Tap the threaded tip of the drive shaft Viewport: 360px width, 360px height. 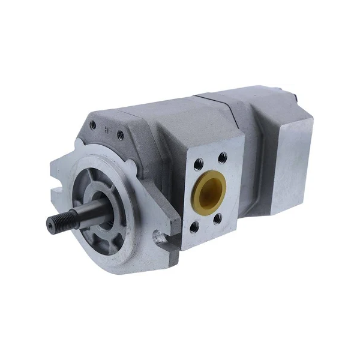coord(55,224)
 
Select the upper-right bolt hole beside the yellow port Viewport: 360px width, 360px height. coord(223,157)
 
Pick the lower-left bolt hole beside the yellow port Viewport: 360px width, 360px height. coord(196,227)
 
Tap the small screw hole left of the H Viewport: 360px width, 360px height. coord(93,126)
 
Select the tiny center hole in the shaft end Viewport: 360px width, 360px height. coord(49,225)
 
